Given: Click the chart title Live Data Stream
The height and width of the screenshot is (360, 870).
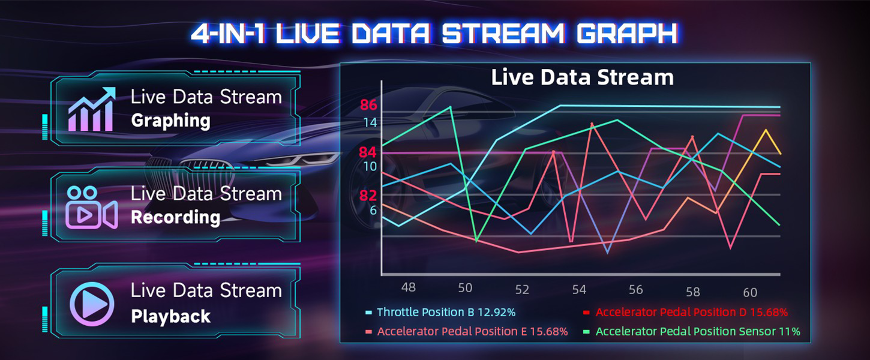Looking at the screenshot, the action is click(x=582, y=77).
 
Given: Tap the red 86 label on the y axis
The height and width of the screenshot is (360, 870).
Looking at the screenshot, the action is click(x=368, y=105).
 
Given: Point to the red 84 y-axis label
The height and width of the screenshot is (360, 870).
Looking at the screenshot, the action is click(x=368, y=152).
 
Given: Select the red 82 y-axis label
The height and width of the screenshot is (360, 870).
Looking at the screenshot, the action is click(x=368, y=196).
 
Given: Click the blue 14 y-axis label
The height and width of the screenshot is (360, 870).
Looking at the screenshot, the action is click(x=370, y=123).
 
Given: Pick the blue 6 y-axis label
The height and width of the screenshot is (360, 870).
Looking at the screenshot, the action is click(x=373, y=210).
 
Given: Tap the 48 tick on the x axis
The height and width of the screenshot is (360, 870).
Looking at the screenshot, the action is click(x=408, y=287).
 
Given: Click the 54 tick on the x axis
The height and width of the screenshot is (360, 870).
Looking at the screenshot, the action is click(x=579, y=289).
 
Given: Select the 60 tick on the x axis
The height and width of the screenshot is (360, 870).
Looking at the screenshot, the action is click(x=750, y=292).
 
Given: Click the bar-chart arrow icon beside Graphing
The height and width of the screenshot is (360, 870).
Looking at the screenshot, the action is click(x=92, y=109).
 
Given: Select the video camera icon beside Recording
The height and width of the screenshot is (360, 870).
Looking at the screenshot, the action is click(x=92, y=208).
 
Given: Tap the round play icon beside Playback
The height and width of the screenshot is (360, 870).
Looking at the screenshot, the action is click(x=92, y=304).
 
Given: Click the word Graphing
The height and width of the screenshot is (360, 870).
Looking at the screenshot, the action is click(x=171, y=121).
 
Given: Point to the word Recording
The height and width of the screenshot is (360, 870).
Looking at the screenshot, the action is click(x=176, y=217).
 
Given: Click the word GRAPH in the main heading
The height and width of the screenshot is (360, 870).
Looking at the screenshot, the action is click(x=627, y=34).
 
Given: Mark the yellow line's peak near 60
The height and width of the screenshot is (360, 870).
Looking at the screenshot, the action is click(x=766, y=130).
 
